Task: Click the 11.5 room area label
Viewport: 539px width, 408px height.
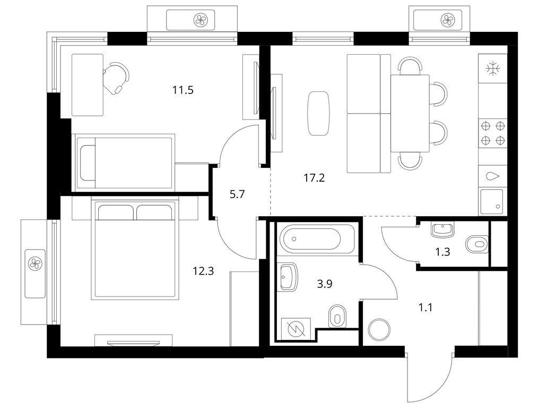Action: (x=182, y=90)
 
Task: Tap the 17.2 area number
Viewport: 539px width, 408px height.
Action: (x=314, y=178)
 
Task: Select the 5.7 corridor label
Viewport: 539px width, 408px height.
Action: (x=237, y=195)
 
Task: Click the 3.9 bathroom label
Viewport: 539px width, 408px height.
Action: (x=325, y=284)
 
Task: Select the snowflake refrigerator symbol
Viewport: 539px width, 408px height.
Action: (x=493, y=68)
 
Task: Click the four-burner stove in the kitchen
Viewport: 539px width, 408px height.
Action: (x=492, y=133)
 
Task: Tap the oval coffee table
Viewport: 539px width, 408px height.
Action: (x=318, y=113)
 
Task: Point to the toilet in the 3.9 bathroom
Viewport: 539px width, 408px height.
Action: (x=337, y=317)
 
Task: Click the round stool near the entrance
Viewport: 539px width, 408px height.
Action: (x=379, y=330)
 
